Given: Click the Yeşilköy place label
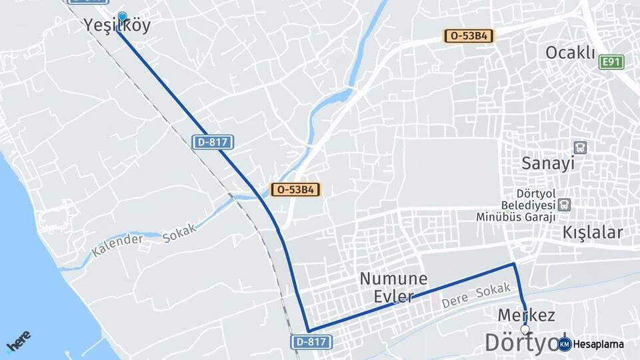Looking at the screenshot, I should [117, 26].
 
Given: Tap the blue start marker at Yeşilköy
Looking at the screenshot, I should [122, 17].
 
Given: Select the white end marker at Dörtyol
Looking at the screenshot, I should [525, 329].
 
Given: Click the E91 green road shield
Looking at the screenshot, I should [611, 62].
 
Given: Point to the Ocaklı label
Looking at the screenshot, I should [570, 53].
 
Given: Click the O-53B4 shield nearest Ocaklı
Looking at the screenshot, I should [469, 36].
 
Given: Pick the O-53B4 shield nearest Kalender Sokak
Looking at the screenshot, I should [295, 189].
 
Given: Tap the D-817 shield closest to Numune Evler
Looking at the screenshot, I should [311, 341].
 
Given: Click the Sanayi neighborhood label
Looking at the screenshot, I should [548, 163].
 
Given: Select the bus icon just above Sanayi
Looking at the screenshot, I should [580, 147].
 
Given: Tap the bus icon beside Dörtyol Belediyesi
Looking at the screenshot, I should [565, 205].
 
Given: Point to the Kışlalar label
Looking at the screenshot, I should [593, 233].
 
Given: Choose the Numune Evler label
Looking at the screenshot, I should [393, 287].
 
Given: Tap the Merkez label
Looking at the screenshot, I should [527, 315].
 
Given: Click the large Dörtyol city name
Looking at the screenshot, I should [523, 343].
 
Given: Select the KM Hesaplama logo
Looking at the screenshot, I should [591, 344].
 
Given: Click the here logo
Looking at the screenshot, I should [19, 341].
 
